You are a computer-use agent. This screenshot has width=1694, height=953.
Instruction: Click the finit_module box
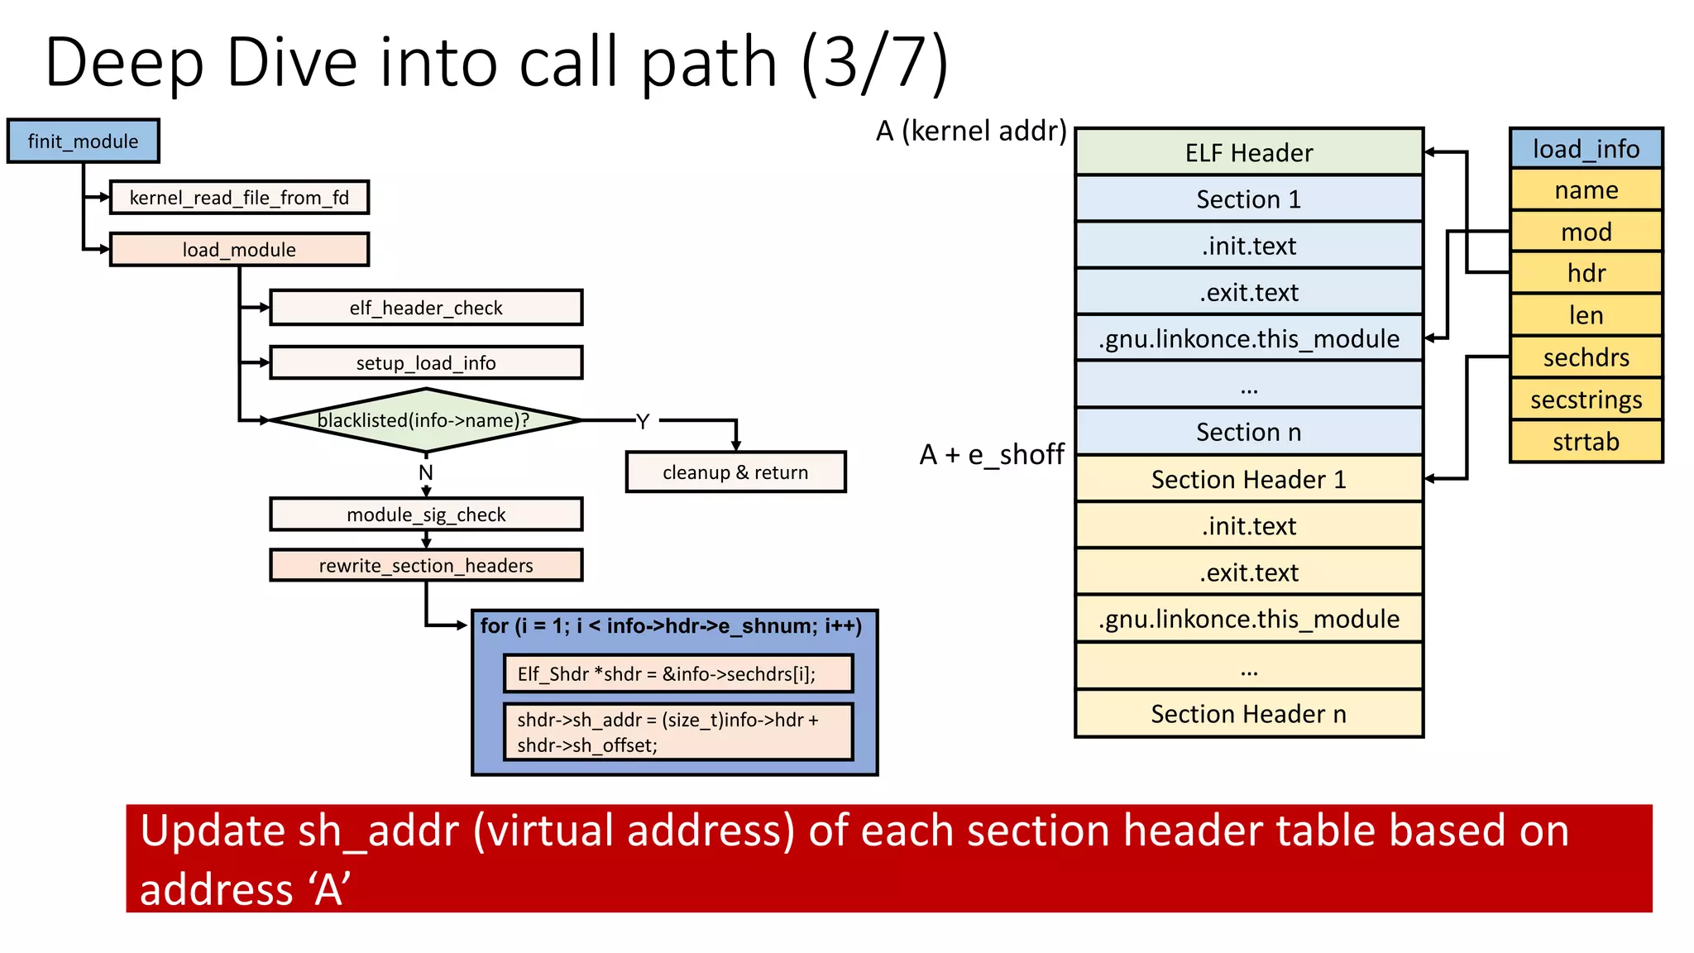83,141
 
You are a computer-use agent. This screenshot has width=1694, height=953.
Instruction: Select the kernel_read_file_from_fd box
239,198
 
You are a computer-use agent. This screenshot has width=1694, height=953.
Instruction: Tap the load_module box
239,250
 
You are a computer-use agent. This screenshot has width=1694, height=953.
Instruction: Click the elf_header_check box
426,308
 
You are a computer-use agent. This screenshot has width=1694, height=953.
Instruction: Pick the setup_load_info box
426,363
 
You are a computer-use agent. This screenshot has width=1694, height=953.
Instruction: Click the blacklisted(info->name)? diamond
426,420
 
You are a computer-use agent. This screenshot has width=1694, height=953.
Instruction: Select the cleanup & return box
735,472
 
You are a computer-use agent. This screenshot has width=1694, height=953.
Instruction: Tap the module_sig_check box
426,515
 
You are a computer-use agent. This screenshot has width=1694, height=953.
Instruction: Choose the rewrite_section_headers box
426,566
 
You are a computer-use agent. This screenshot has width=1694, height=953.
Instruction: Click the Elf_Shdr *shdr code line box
677,674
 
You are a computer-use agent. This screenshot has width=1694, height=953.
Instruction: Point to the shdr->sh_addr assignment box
677,732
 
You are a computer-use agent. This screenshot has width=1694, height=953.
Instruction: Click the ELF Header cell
1248,153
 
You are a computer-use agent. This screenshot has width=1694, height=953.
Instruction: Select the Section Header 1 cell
1248,480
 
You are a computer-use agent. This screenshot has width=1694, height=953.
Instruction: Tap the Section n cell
1248,432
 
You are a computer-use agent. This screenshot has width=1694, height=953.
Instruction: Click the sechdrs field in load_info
1586,357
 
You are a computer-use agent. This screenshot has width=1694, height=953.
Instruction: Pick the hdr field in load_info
1586,273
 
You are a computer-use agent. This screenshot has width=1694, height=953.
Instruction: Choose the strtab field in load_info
1586,442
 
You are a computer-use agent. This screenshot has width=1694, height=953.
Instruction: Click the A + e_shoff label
991,454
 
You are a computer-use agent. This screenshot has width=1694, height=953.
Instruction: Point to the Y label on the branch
643,421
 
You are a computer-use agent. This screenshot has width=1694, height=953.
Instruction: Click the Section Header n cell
1248,714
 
